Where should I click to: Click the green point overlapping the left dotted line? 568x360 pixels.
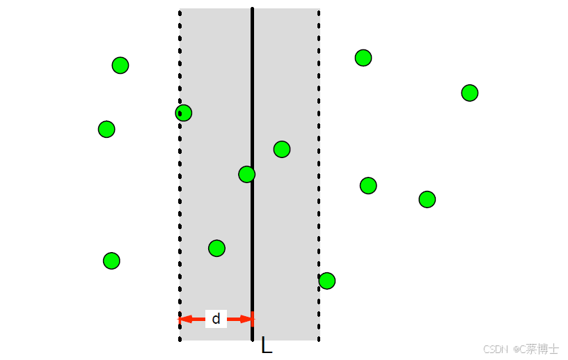[183, 113]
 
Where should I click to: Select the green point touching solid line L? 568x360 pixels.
[246, 174]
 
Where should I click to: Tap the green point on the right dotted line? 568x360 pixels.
[326, 281]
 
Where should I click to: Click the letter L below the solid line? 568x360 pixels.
[266, 345]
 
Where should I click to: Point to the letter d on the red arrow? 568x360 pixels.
[216, 319]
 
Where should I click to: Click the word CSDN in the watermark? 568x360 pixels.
[493, 348]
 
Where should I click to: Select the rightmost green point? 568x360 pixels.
[469, 93]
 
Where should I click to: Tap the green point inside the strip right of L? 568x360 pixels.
[281, 149]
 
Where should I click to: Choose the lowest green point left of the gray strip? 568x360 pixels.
[111, 260]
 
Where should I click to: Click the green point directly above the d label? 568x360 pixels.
[216, 248]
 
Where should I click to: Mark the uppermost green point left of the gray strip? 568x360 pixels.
[120, 65]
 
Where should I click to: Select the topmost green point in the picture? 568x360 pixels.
[363, 58]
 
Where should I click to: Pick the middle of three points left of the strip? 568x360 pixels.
[106, 129]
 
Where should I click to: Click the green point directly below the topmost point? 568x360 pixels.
[368, 185]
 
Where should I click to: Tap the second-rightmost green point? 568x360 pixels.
[427, 199]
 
